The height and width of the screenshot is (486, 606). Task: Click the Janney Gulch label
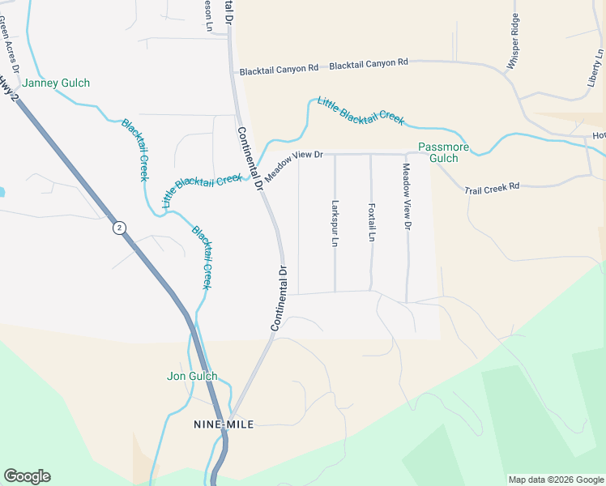tap(56, 83)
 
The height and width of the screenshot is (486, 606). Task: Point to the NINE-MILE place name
tap(224, 424)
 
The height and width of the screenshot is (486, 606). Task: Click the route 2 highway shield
tap(120, 228)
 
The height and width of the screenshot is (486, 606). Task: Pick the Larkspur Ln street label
tap(334, 224)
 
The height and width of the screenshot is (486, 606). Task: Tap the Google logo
tap(27, 476)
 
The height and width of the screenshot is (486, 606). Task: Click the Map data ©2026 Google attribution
tap(556, 480)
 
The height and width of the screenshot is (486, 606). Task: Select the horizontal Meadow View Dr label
tap(294, 163)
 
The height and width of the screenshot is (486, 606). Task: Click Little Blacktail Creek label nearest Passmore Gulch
tap(361, 110)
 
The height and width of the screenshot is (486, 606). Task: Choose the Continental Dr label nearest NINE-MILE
tap(280, 297)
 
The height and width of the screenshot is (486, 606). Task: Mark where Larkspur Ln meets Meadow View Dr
tap(335, 154)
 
